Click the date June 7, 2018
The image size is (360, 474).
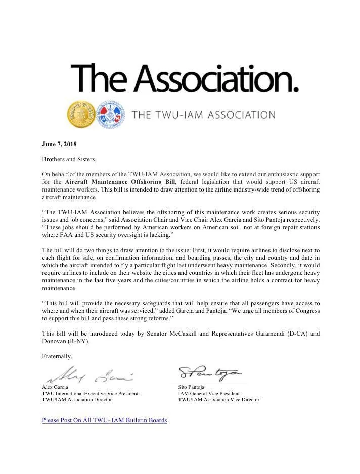[59, 144]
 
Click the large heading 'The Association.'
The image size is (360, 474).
[185, 78]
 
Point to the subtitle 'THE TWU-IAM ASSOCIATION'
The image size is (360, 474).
[203, 115]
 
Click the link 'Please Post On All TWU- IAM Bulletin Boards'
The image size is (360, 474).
[104, 420]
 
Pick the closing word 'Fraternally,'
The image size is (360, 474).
[57, 356]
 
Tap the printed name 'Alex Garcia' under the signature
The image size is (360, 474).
[55, 387]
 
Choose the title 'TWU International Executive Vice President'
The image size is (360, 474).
[90, 393]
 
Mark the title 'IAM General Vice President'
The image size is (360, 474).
[209, 393]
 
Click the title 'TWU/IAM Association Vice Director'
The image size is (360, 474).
[218, 400]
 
